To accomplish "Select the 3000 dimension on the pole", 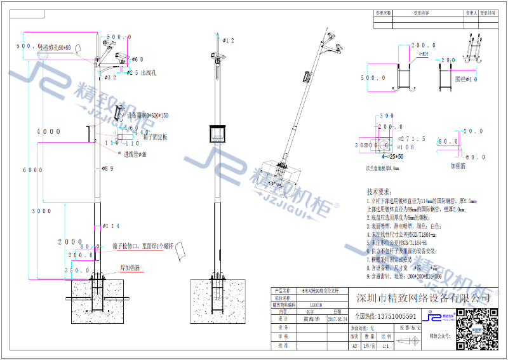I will click(42, 211).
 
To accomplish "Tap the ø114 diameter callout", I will click(112, 226).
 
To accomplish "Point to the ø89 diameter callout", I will click(108, 168).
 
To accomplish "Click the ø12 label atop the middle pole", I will click(228, 41).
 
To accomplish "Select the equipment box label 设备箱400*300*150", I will click(147, 116).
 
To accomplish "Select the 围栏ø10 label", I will click(466, 79).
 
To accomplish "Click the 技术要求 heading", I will click(380, 191).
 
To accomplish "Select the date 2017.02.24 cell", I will click(337, 320).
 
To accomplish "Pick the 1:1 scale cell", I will click(385, 345).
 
